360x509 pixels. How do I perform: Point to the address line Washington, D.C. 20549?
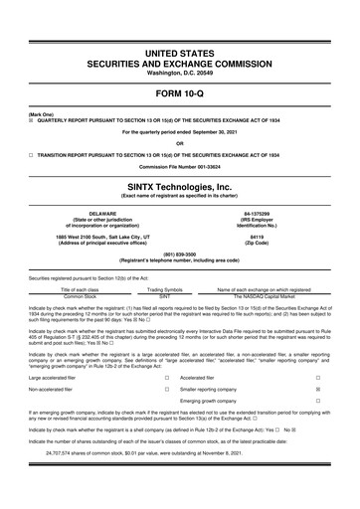pyautogui.click(x=180, y=47)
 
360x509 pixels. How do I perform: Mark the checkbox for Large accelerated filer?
pyautogui.click(x=166, y=378)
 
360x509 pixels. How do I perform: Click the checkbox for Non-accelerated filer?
pyautogui.click(x=166, y=392)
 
